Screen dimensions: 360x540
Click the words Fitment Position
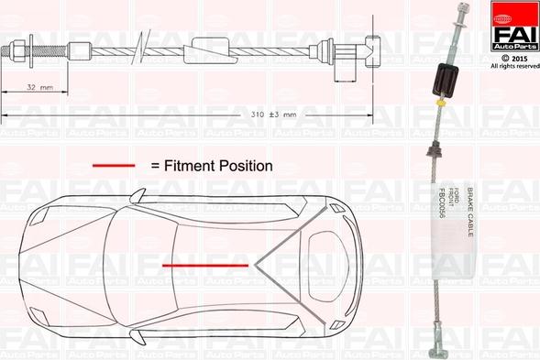tap(212, 166)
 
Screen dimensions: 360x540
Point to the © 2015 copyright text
tap(513, 57)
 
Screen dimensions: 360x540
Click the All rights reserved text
tap(513, 66)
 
